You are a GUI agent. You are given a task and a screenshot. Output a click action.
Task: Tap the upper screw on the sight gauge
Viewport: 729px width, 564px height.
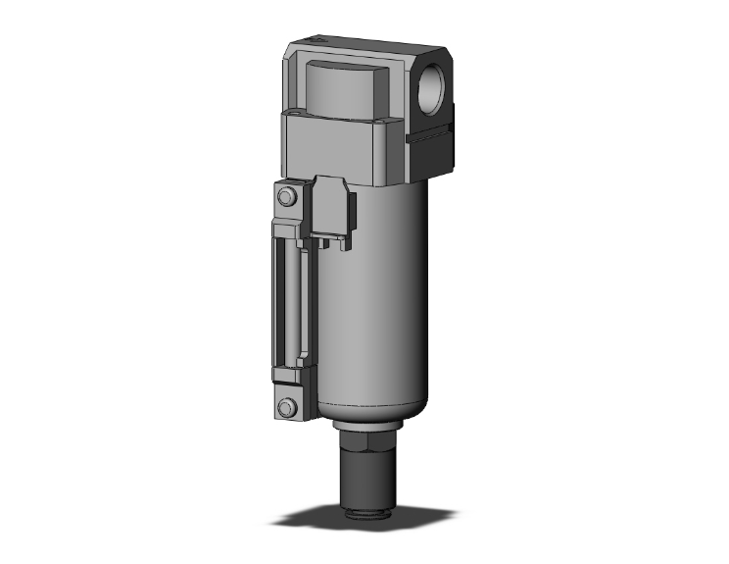(x=286, y=198)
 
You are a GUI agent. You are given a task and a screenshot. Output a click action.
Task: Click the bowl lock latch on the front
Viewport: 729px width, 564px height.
(x=332, y=208)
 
